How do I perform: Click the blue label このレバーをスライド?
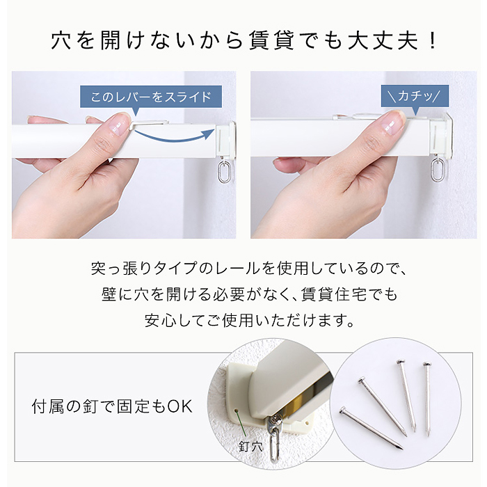click(x=151, y=97)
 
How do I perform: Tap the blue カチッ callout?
click(x=415, y=96)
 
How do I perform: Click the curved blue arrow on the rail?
click(x=175, y=136)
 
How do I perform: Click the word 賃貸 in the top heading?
click(x=271, y=40)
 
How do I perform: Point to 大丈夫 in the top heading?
click(x=383, y=40)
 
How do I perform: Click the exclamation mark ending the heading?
click(x=432, y=40)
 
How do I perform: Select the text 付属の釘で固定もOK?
click(x=112, y=406)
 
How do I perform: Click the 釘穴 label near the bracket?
click(x=250, y=447)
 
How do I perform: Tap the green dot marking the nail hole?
click(x=237, y=410)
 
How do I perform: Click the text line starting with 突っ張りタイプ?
click(x=248, y=269)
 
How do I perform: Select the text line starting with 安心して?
click(x=250, y=320)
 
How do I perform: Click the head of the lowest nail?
click(x=343, y=410)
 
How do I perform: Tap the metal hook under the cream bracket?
click(x=273, y=435)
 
